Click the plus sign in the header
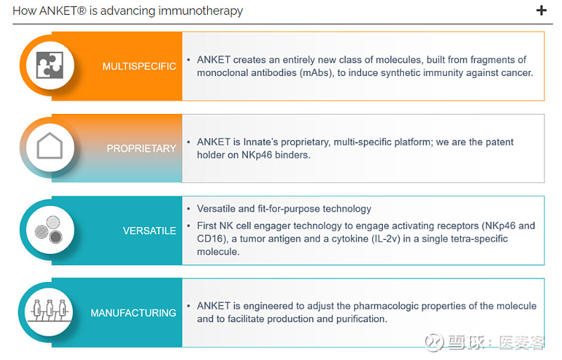541,11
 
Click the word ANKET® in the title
63,11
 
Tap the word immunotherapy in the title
200,11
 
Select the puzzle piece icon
50,65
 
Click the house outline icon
50,146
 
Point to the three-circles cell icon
49,229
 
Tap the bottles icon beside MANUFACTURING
49,310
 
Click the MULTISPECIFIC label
139,66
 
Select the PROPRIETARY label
141,148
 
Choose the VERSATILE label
150,231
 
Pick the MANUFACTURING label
133,313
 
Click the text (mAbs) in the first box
315,73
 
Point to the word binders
292,155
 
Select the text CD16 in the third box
210,239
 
